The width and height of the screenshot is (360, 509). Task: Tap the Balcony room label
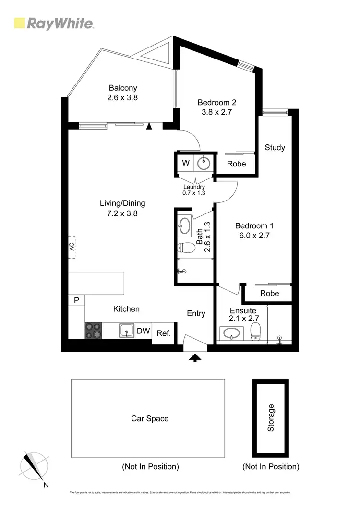click(x=123, y=88)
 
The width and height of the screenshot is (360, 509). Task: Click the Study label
click(x=275, y=147)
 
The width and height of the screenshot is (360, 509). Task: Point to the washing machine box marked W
click(x=185, y=163)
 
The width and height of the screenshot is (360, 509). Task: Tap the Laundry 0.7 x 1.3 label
click(x=194, y=190)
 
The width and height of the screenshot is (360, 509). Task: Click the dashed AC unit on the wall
click(x=72, y=247)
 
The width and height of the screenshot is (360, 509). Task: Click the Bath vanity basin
click(x=184, y=225)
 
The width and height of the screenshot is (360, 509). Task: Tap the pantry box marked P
click(x=76, y=301)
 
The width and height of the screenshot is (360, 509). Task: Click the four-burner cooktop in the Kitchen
click(x=94, y=331)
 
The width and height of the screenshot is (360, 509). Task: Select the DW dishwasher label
click(x=143, y=331)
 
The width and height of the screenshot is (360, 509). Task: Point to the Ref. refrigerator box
click(x=164, y=333)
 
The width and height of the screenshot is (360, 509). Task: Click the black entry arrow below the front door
click(x=195, y=357)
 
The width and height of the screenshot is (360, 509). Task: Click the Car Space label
click(x=150, y=418)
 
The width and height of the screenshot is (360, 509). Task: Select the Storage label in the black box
click(x=271, y=418)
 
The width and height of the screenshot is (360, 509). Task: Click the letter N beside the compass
click(x=46, y=485)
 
